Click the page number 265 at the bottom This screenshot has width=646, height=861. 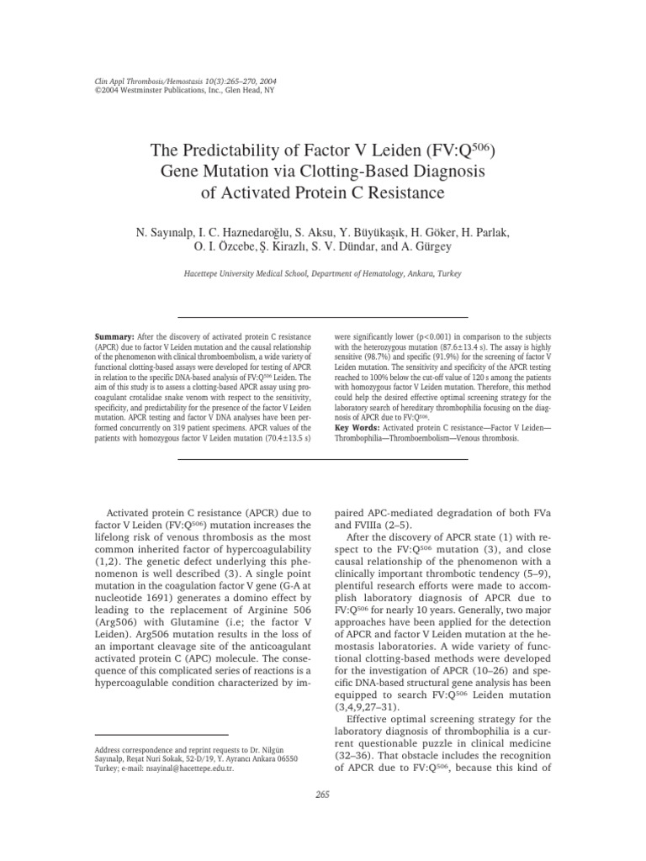(323, 818)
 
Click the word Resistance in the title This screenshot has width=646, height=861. (398, 193)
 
